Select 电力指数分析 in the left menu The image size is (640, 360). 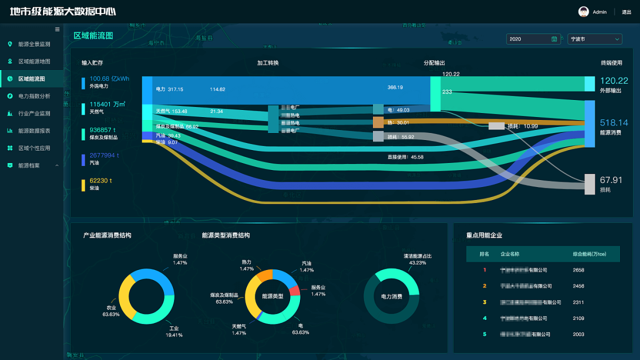pyautogui.click(x=34, y=96)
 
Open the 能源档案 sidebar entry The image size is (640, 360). pyautogui.click(x=29, y=166)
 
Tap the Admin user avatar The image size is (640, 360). pyautogui.click(x=584, y=12)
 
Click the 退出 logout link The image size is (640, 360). pyautogui.click(x=626, y=12)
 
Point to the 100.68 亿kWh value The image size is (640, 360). pyautogui.click(x=109, y=79)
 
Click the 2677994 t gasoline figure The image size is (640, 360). pyautogui.click(x=104, y=155)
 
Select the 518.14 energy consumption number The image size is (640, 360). pyautogui.click(x=614, y=123)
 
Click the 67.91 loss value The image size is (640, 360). pyautogui.click(x=611, y=180)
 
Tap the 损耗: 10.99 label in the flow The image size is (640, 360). pyautogui.click(x=522, y=126)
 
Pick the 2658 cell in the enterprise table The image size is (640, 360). pyautogui.click(x=578, y=270)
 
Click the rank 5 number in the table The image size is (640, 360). pyautogui.click(x=485, y=334)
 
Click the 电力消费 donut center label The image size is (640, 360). pyautogui.click(x=391, y=296)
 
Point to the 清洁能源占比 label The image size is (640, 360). pyautogui.click(x=418, y=256)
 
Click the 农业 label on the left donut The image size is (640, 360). pyautogui.click(x=111, y=308)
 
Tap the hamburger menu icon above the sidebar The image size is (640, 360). pyautogui.click(x=57, y=29)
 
